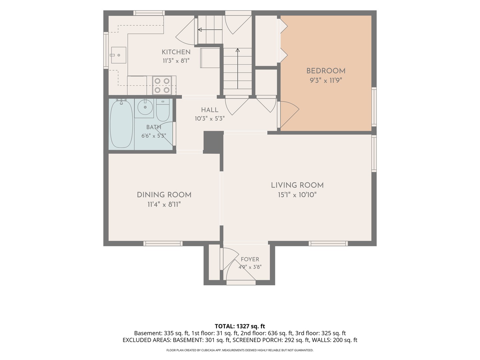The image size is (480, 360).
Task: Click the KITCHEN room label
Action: coord(176,52)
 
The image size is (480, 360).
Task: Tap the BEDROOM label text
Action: coord(326,71)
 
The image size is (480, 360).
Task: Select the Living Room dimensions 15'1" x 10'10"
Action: coord(297,195)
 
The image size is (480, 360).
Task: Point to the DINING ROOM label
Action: coord(164,195)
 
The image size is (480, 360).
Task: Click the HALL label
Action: coord(209,110)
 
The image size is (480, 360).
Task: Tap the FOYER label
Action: coord(250,259)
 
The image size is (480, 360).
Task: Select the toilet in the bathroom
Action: coord(163,110)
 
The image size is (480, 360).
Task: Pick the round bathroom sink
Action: coord(145,107)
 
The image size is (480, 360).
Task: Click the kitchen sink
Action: coord(119,55)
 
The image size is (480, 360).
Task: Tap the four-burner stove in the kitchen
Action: coord(162,85)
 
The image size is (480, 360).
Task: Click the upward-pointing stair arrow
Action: coord(237,68)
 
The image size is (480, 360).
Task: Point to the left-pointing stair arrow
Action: coord(210,30)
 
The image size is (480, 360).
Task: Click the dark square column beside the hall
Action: coord(213,142)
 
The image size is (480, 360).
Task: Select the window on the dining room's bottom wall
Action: coord(163,243)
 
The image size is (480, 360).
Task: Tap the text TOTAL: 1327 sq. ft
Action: coord(240,326)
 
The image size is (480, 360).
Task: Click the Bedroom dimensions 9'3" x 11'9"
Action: coord(326,80)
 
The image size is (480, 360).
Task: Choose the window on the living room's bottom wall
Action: coord(328,243)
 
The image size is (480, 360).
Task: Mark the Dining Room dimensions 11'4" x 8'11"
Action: coord(164,204)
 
